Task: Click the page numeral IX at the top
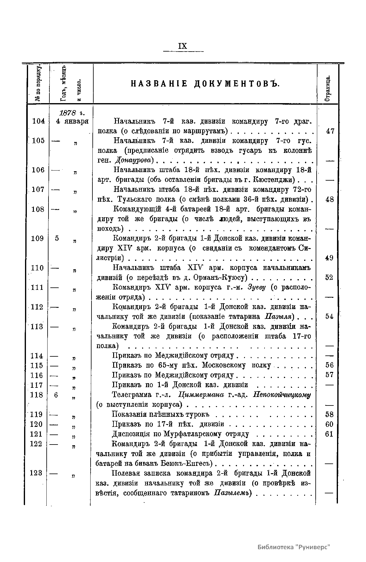[x=183, y=46]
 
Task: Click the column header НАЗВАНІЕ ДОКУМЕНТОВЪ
[x=205, y=84]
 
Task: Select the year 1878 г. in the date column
[x=72, y=113]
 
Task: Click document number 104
[x=38, y=121]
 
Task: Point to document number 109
[x=38, y=239]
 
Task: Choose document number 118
[x=37, y=395]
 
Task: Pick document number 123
[x=37, y=473]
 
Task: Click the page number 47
[x=330, y=131]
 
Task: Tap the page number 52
[x=329, y=278]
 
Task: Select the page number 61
[x=329, y=434]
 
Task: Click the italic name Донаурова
[x=135, y=160]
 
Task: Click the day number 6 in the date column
[x=56, y=395]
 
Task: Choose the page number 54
[x=329, y=317]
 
